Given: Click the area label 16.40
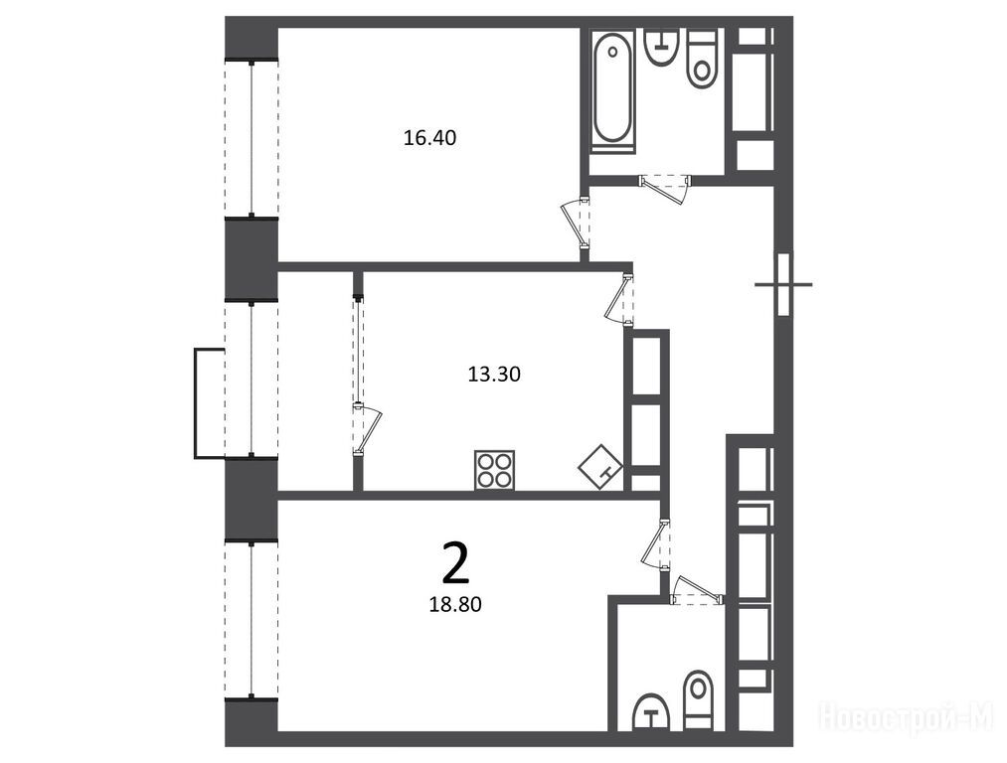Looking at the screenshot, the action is coord(429,138).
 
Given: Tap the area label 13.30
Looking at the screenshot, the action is coord(494,375).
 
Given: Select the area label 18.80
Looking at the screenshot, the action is coord(455,604).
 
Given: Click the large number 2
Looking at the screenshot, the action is coord(456,563).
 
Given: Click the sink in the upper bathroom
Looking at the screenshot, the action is coord(659,47).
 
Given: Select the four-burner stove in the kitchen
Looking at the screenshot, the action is coord(494,470).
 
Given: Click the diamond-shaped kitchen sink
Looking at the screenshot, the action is coord(600,467).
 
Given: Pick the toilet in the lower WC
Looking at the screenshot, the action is coord(698,700).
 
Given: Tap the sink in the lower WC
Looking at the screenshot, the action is coord(652,711).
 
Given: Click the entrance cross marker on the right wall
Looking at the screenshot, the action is coord(783,283).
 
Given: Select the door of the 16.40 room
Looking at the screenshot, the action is coord(576,223).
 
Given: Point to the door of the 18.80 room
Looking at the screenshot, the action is coord(656,544).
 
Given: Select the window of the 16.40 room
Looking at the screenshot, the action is coord(252,139).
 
